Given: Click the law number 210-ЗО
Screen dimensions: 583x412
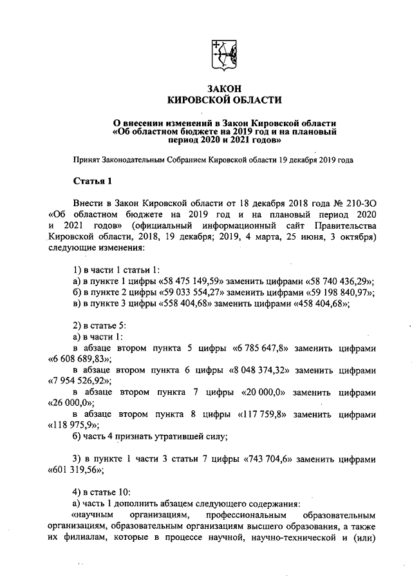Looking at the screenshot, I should pos(360,202).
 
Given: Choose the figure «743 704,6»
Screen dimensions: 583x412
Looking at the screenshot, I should pos(269,460).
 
